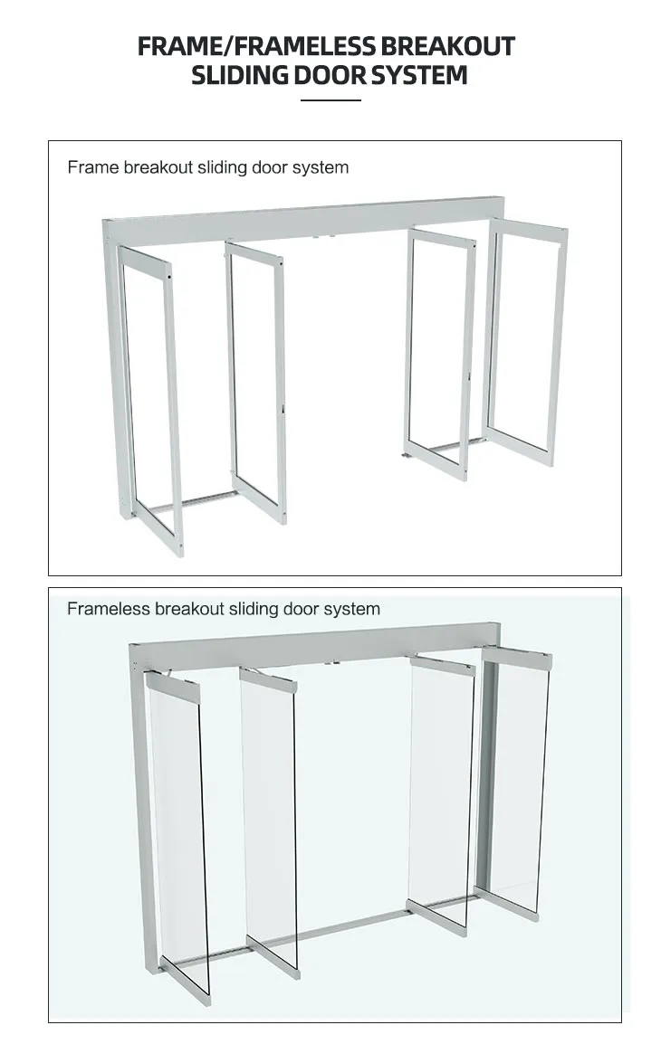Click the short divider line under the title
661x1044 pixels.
[x=330, y=100]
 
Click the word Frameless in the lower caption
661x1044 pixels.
[x=108, y=609]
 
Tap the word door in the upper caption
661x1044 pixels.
[x=270, y=167]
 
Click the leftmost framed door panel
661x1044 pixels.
[x=150, y=398]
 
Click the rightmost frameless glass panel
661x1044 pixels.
[x=515, y=778]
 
